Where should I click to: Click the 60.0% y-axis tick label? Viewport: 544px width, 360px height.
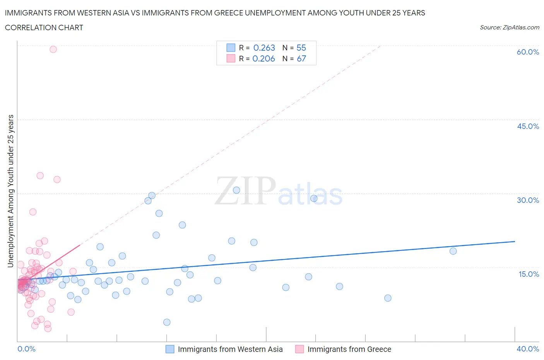click(x=528, y=52)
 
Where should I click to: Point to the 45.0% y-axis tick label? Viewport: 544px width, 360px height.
click(x=528, y=126)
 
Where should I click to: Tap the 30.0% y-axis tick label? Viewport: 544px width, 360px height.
click(x=528, y=200)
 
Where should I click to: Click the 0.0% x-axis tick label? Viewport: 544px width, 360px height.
click(x=26, y=349)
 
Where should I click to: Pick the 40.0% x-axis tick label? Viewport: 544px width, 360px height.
click(x=528, y=349)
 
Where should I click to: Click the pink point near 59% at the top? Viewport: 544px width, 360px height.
click(x=53, y=49)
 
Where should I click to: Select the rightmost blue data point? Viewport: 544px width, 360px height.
click(x=453, y=251)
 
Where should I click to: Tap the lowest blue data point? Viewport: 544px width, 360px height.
click(x=167, y=322)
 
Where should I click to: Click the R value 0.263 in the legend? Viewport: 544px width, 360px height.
click(x=264, y=48)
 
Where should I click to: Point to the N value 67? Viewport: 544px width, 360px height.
click(x=301, y=58)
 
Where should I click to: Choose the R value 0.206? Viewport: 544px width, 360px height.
click(x=263, y=58)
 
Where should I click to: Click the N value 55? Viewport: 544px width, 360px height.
click(x=301, y=48)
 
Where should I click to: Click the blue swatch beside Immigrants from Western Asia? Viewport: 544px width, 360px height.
click(x=170, y=349)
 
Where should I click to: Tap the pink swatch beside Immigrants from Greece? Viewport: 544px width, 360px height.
click(x=299, y=349)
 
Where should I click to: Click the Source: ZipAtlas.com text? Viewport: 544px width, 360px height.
click(x=509, y=27)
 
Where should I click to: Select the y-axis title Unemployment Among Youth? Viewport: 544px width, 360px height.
click(x=10, y=191)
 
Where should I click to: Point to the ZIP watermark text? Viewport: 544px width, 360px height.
click(x=245, y=190)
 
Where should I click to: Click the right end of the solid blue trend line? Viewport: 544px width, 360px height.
click(x=515, y=241)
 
